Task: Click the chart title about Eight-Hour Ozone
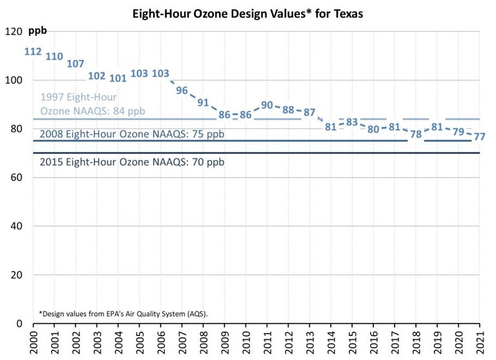[247, 13]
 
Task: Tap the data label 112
[33, 52]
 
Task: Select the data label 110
[54, 56]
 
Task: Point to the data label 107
[76, 63]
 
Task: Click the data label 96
[182, 90]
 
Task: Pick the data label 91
[203, 102]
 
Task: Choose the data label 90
[267, 105]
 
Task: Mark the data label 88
[289, 109]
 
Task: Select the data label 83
[352, 122]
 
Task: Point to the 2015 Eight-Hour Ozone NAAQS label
[132, 162]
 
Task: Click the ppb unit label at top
[37, 31]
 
